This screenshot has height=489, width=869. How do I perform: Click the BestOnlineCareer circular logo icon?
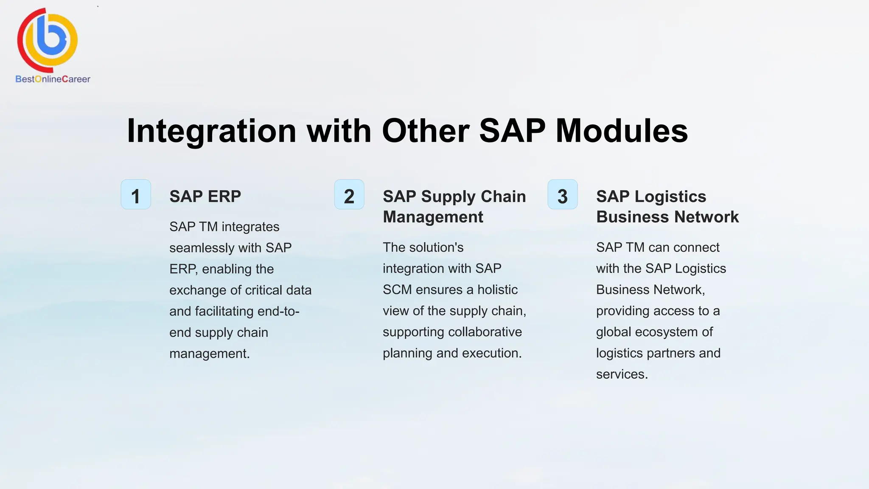[48, 40]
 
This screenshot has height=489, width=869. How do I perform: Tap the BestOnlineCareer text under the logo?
[53, 79]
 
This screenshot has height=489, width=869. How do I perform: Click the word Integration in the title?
[211, 131]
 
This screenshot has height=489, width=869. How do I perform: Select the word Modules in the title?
[622, 131]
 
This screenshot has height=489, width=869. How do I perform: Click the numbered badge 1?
[136, 195]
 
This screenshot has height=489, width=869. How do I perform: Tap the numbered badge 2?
[349, 195]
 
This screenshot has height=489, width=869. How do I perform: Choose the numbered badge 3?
[563, 195]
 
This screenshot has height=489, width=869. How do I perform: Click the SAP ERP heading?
[205, 197]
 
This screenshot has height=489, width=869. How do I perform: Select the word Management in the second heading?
[433, 217]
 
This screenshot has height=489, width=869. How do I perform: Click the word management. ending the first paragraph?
[210, 354]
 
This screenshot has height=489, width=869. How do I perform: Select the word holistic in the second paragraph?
[497, 290]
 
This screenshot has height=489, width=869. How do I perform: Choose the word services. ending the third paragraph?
[622, 374]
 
